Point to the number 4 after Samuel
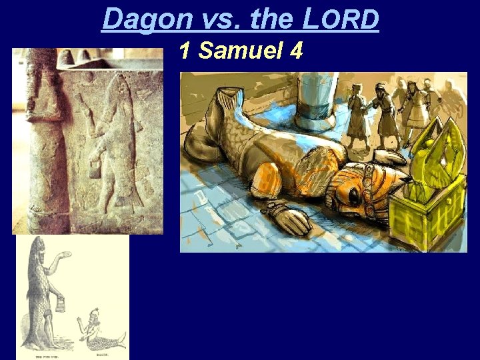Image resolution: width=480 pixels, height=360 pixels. (296, 51)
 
